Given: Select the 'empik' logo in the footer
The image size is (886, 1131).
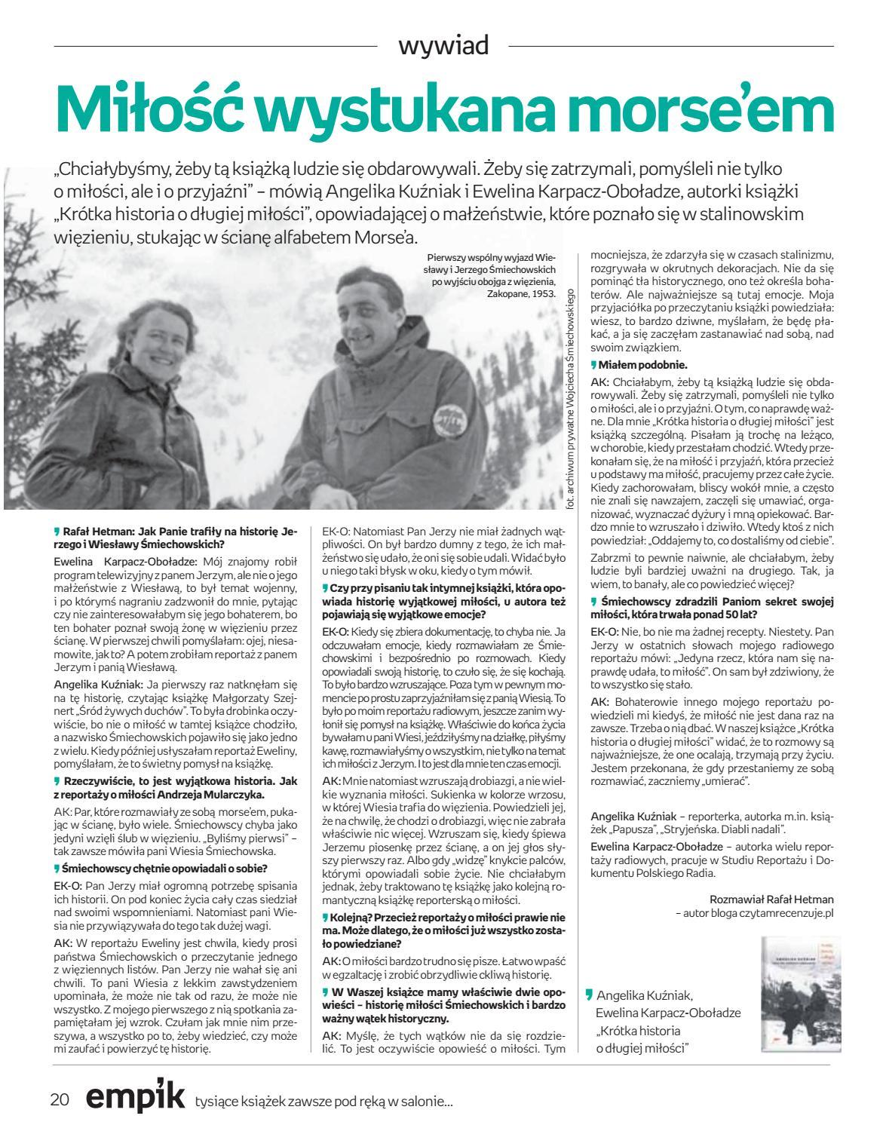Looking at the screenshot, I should coord(136,1097).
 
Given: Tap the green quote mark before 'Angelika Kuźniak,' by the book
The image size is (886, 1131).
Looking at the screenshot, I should coord(589,994).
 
